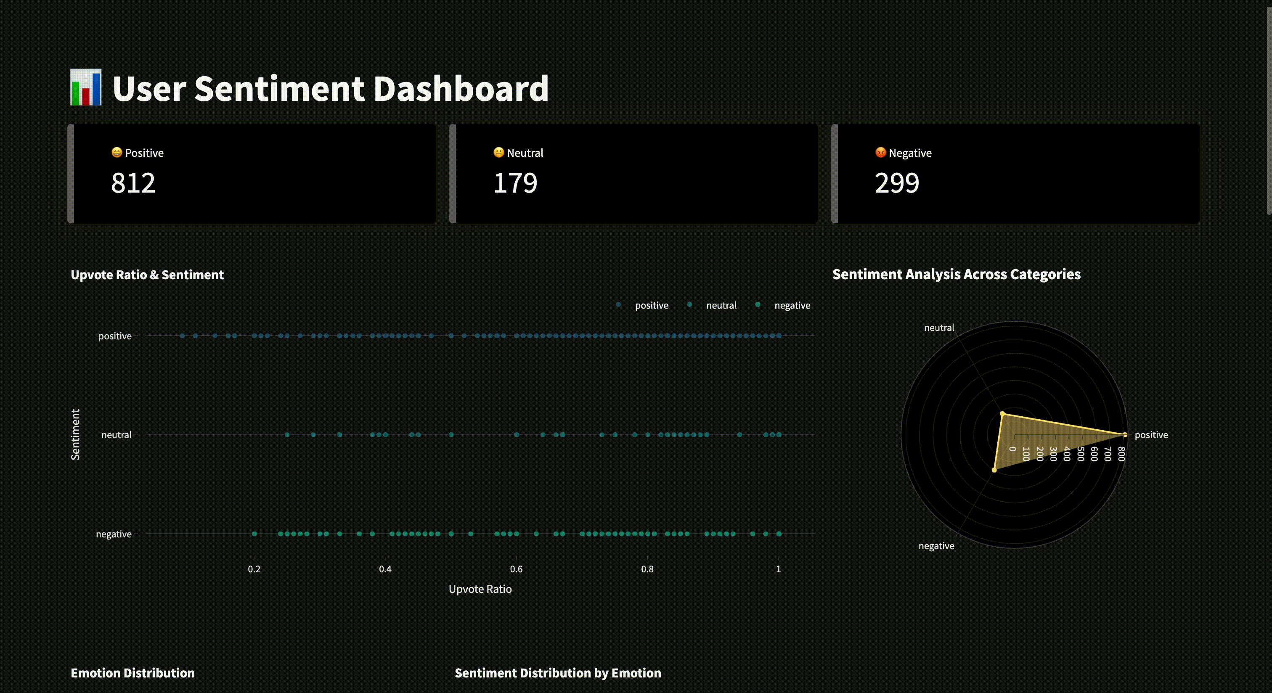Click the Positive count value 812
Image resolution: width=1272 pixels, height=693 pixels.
(x=133, y=183)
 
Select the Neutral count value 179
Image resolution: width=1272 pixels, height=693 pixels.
(x=515, y=183)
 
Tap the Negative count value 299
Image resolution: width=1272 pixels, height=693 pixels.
(x=897, y=183)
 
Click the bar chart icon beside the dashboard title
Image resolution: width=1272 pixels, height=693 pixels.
(x=86, y=87)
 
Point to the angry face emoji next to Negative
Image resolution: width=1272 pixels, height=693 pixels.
(x=880, y=153)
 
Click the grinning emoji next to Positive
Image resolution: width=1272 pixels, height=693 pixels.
(x=117, y=153)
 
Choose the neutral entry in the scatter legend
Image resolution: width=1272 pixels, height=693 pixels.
(x=721, y=306)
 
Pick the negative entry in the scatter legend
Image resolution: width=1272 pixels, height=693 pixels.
(x=792, y=306)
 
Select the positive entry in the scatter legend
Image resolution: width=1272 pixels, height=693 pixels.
(x=651, y=306)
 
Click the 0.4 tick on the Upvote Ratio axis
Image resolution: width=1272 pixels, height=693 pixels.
(x=385, y=569)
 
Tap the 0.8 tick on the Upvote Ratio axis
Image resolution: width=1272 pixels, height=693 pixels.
(x=647, y=569)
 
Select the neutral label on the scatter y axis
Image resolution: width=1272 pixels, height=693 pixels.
(x=117, y=435)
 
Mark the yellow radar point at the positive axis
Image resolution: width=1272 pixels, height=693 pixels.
(x=1125, y=435)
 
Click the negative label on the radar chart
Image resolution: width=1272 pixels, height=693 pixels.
(x=936, y=546)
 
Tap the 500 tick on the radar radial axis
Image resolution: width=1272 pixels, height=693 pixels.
(x=1081, y=454)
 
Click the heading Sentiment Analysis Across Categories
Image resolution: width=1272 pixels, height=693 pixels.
(x=957, y=275)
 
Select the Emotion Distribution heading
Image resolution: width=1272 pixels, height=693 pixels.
(x=133, y=673)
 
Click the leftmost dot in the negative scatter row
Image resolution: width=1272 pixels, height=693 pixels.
(x=254, y=534)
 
